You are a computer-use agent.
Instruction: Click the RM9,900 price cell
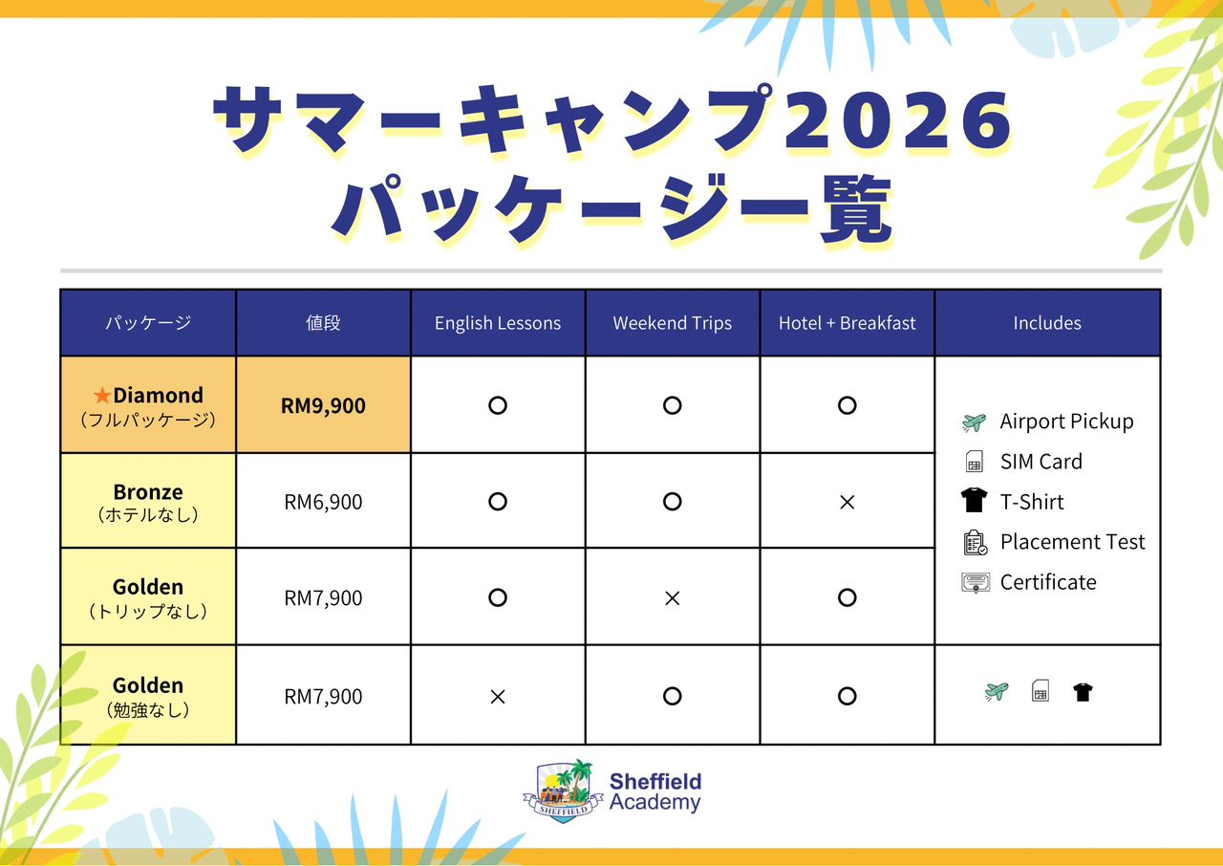coord(323,405)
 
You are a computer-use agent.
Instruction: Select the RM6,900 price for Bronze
coord(323,502)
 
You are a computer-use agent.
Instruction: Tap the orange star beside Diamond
coord(102,396)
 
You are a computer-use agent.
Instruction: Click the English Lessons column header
coord(498,323)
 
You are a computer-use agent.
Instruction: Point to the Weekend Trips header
coord(672,323)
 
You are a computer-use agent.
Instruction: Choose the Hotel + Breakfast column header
coord(847,323)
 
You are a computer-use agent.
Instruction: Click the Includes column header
coord(1047,323)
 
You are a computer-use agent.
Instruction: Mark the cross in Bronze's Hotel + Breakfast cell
coord(847,502)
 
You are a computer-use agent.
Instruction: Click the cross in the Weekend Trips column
coord(672,598)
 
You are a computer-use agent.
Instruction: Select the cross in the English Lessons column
coord(498,697)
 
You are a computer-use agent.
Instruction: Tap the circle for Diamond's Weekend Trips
coord(672,405)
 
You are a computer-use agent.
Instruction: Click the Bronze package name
coord(148,492)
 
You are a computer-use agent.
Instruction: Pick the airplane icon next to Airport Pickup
coord(974,422)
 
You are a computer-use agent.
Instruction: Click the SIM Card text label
coord(1041,462)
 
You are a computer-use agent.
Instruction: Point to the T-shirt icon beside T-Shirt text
coord(975,501)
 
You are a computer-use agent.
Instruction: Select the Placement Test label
coord(1072,542)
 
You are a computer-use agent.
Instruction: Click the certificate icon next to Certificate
coord(975,582)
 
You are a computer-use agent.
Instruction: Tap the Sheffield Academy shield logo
coord(563,790)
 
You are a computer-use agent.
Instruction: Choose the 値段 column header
coord(323,323)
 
